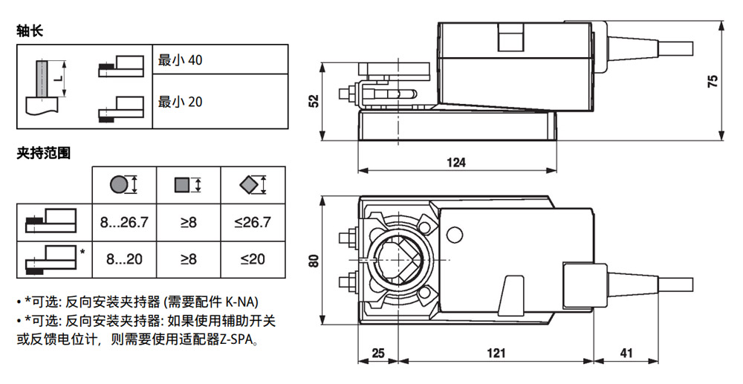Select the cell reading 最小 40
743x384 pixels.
click(x=180, y=60)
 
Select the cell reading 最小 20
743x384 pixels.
click(x=180, y=101)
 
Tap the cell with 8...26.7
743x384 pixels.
click(x=124, y=221)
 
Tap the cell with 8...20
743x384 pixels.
click(x=124, y=259)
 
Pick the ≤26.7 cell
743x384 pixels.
click(x=253, y=221)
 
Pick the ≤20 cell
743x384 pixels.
click(x=253, y=259)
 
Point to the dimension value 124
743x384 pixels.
click(x=455, y=163)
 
